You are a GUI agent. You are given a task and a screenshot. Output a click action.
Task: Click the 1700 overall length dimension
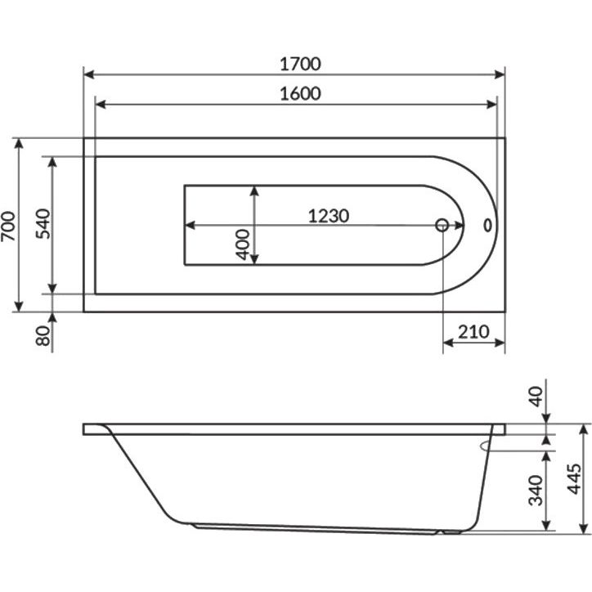coord(300,64)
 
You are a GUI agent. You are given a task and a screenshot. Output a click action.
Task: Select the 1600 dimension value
coord(300,94)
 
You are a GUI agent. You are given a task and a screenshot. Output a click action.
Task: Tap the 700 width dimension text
coord(8,226)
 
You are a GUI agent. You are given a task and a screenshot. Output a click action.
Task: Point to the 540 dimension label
coord(43,223)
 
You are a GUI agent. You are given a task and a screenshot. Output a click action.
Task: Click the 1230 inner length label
coord(329,216)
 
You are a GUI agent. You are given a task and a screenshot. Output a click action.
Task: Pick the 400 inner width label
coord(242,244)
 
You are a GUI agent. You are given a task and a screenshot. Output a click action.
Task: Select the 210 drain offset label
coord(473,332)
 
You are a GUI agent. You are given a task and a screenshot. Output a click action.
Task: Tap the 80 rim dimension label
coord(43,335)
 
